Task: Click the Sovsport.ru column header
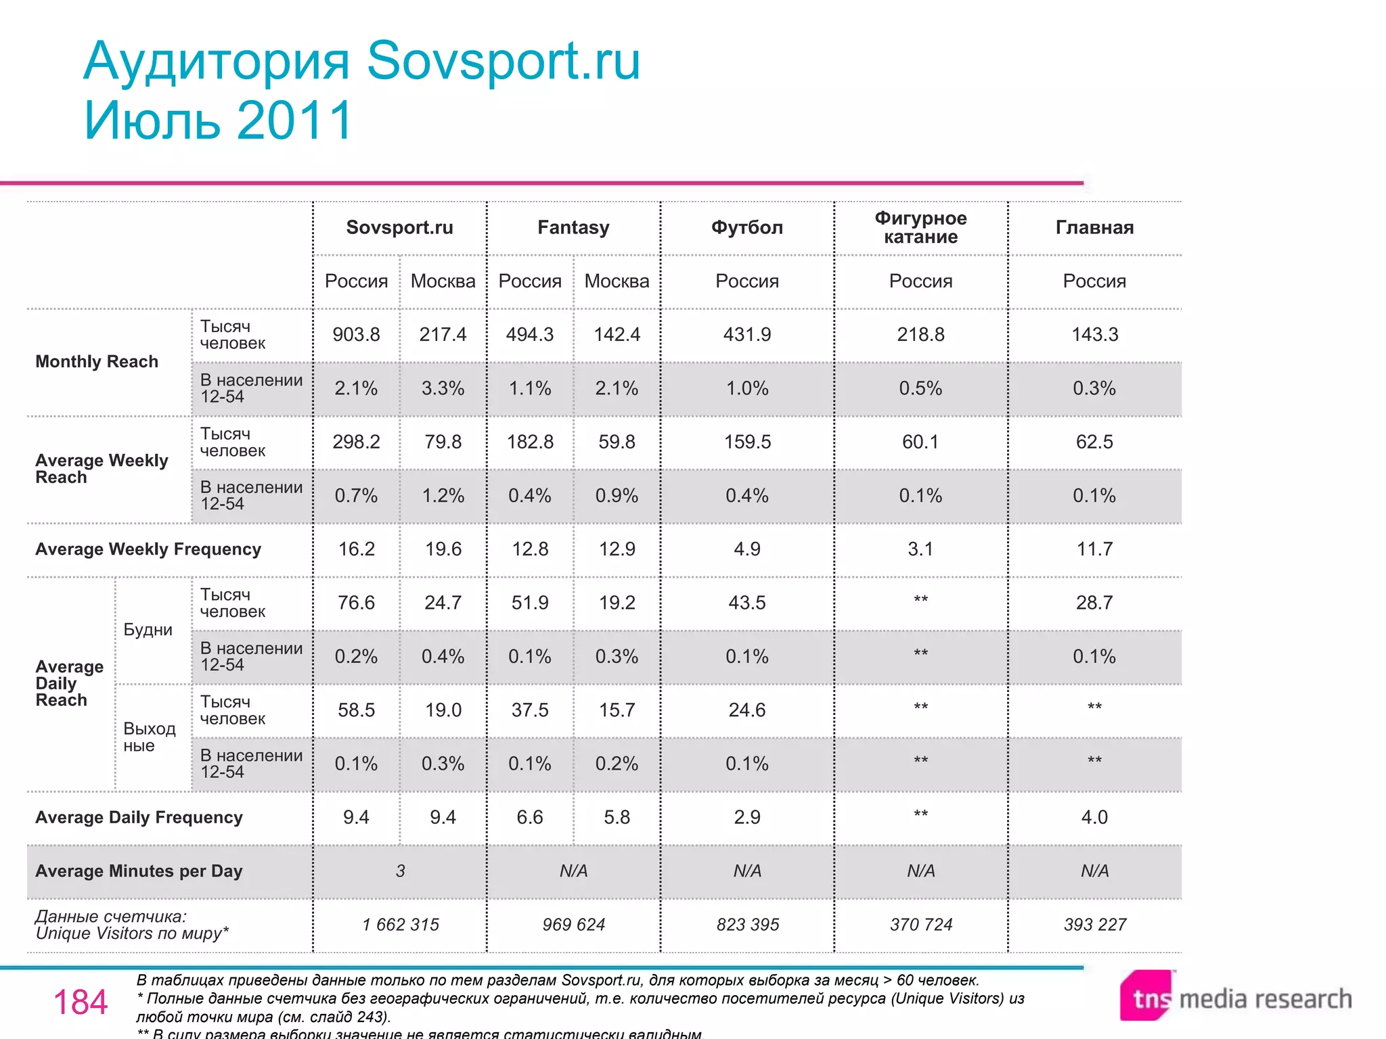click(x=399, y=227)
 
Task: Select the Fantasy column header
click(x=573, y=227)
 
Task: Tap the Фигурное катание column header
click(x=920, y=227)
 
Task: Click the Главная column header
click(x=1094, y=227)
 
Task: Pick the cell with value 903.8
click(x=356, y=334)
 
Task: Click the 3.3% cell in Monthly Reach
click(x=443, y=388)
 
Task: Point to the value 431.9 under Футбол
click(x=747, y=334)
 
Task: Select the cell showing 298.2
click(x=356, y=442)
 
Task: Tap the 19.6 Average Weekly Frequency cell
click(x=443, y=549)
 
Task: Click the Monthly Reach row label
click(x=97, y=362)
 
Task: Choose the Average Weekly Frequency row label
click(x=148, y=549)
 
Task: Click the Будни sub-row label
click(x=148, y=630)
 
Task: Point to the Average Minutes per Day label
click(x=139, y=871)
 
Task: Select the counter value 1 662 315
click(x=400, y=925)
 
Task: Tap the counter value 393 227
click(x=1094, y=925)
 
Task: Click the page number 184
click(x=81, y=1002)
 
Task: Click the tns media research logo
click(x=1235, y=998)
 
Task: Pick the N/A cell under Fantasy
click(x=573, y=871)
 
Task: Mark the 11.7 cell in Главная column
click(x=1094, y=549)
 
